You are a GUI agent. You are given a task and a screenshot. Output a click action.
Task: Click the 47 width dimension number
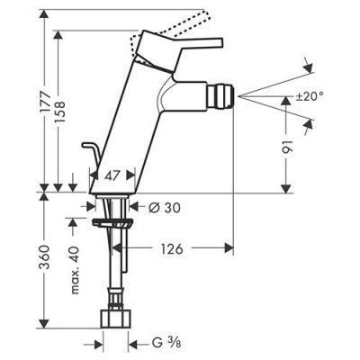click(110, 175)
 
